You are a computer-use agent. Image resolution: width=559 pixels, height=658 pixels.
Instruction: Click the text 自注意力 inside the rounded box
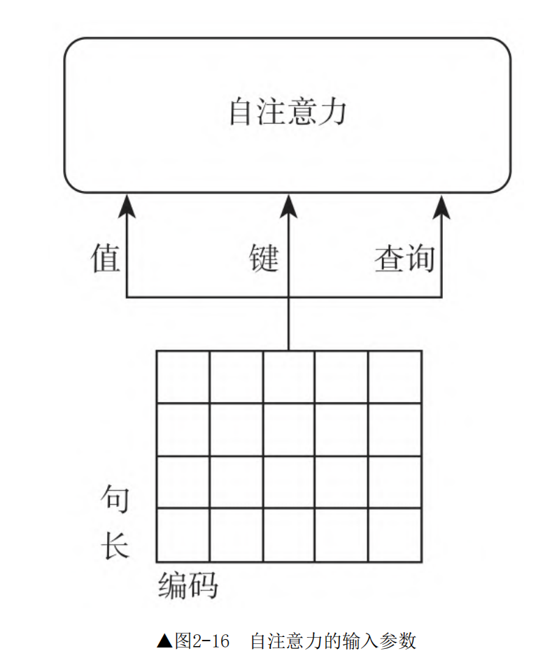click(288, 112)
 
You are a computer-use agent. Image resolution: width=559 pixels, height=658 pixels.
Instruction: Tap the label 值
click(106, 258)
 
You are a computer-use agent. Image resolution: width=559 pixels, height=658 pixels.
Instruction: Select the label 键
click(264, 258)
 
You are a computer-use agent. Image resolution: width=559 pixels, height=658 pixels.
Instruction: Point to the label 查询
click(404, 259)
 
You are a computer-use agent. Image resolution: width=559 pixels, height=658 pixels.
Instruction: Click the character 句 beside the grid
click(115, 499)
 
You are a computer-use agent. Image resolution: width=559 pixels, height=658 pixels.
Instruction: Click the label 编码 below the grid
click(187, 585)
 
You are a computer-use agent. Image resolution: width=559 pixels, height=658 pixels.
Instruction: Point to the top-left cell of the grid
click(183, 377)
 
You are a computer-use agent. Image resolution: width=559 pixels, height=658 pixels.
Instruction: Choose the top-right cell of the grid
click(395, 377)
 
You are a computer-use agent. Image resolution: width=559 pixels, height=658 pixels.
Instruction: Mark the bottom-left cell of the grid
click(183, 535)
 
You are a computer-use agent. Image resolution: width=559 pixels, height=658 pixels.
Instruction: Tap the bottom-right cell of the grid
click(395, 535)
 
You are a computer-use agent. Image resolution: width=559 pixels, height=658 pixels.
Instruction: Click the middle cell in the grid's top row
click(289, 377)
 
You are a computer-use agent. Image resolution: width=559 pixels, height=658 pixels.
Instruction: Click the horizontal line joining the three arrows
click(210, 298)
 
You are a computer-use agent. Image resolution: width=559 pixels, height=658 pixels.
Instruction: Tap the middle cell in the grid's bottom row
click(289, 535)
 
